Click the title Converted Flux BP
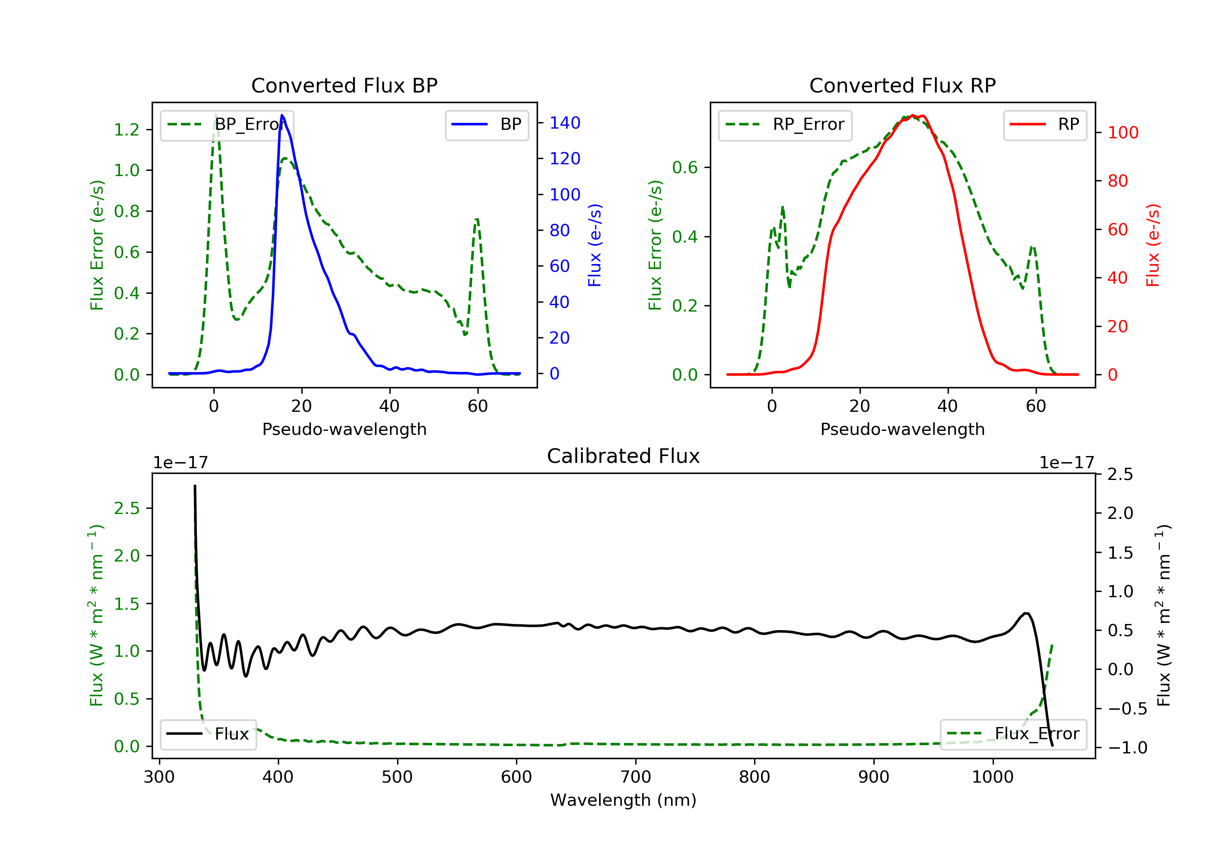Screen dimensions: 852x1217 pyautogui.click(x=344, y=85)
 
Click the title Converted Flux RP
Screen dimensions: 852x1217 pyautogui.click(x=902, y=85)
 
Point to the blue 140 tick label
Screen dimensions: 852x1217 pyautogui.click(x=565, y=123)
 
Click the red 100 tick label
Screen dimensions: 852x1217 pyautogui.click(x=1122, y=133)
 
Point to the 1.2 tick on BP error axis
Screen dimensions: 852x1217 pyautogui.click(x=127, y=130)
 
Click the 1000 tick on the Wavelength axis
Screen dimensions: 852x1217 pyautogui.click(x=992, y=777)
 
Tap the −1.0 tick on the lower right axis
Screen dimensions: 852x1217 pyautogui.click(x=1127, y=748)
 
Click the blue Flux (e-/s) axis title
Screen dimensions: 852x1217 pyautogui.click(x=595, y=245)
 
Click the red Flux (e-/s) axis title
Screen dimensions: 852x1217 pyautogui.click(x=1153, y=245)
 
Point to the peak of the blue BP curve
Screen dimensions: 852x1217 pyautogui.click(x=282, y=115)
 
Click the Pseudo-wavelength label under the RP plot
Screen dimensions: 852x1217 pyautogui.click(x=902, y=429)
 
